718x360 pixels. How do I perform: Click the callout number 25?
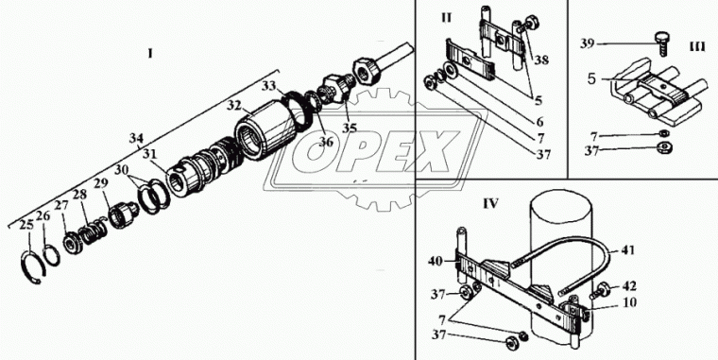[27, 225]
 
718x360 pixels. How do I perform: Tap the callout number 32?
[234, 106]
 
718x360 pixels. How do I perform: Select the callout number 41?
[627, 250]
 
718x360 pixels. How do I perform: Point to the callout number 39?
[588, 44]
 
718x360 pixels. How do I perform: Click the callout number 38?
[541, 60]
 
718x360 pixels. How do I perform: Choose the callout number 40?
[436, 262]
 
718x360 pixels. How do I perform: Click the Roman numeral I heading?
[150, 54]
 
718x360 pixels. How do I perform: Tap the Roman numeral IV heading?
[490, 203]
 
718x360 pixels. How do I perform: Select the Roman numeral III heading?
[697, 47]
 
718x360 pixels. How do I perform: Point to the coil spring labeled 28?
[94, 231]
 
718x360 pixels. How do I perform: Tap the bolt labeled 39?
[661, 44]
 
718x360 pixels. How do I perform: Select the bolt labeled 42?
[600, 291]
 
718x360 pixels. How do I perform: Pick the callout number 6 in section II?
[539, 122]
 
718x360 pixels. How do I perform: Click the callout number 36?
[326, 142]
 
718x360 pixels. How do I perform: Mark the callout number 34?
[135, 137]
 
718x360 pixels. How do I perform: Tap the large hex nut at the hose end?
[368, 69]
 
